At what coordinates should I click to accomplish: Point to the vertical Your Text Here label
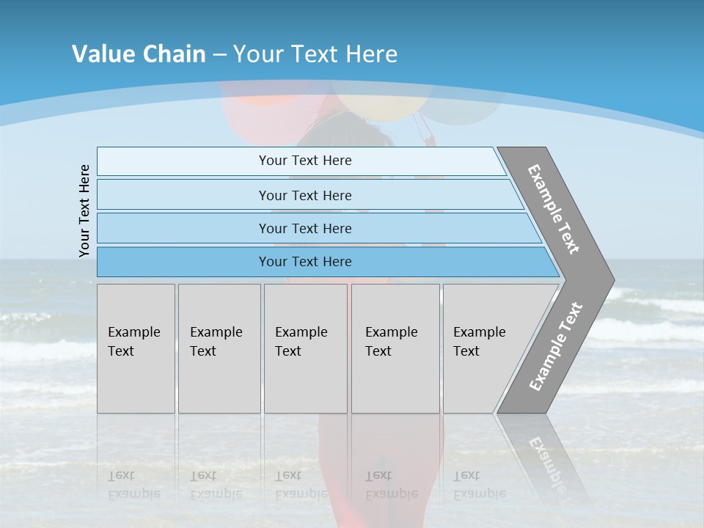point(85,211)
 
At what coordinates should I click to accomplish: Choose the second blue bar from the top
point(304,195)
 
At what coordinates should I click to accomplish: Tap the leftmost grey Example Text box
point(136,348)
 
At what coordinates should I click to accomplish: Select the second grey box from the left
point(219,348)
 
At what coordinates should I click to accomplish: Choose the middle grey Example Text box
point(305,348)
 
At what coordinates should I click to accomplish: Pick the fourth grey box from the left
point(395,348)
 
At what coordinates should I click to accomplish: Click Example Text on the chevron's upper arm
point(554,209)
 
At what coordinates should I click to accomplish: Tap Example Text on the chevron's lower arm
point(556,346)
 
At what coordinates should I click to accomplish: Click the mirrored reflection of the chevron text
point(546,455)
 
